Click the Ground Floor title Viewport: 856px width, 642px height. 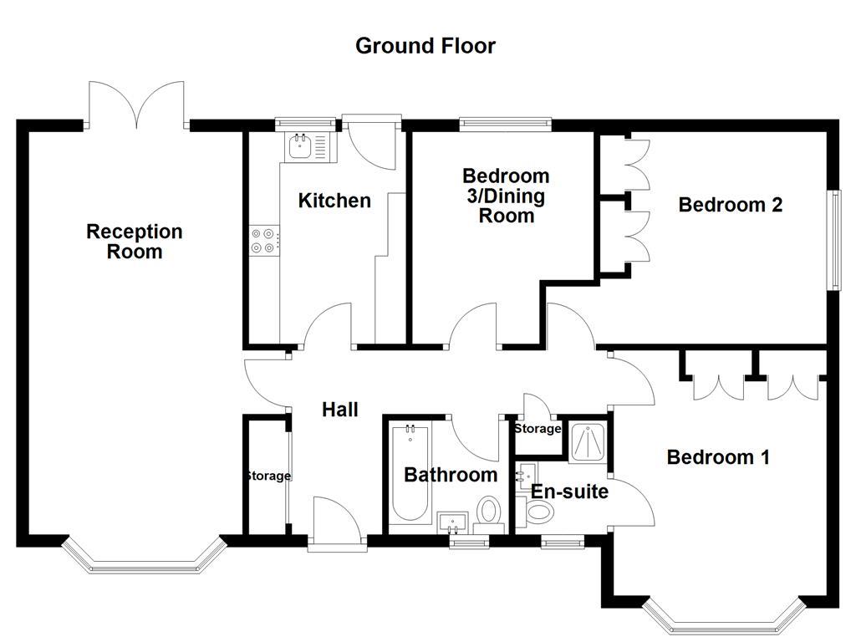pyautogui.click(x=425, y=45)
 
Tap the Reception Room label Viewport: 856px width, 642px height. pyautogui.click(x=134, y=241)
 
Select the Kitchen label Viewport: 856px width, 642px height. pyautogui.click(x=334, y=201)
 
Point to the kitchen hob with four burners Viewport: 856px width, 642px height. pyautogui.click(x=262, y=241)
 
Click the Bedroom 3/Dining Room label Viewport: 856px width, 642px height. pyautogui.click(x=506, y=196)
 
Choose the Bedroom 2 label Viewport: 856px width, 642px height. pyautogui.click(x=730, y=205)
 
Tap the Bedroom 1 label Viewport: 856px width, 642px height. pyautogui.click(x=717, y=457)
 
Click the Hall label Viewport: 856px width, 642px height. pyautogui.click(x=340, y=410)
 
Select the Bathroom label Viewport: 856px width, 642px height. pyautogui.click(x=451, y=475)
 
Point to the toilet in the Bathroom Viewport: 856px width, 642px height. pyautogui.click(x=489, y=512)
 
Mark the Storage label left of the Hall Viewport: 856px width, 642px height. pyautogui.click(x=267, y=476)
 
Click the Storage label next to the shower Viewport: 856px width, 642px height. pyautogui.click(x=537, y=429)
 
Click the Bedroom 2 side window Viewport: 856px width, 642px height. pyautogui.click(x=833, y=240)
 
